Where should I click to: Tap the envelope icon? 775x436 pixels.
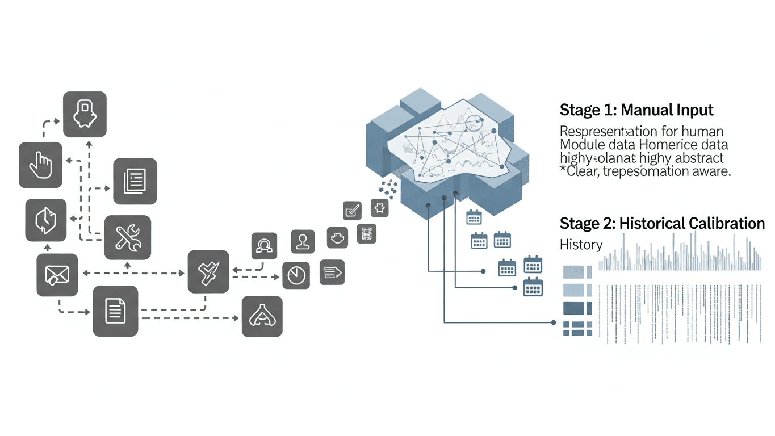click(x=57, y=275)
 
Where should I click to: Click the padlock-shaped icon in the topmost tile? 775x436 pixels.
click(x=85, y=114)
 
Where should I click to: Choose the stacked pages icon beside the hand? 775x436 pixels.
click(x=135, y=181)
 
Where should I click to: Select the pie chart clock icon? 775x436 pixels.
click(x=295, y=275)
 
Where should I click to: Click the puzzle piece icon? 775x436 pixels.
click(x=379, y=208)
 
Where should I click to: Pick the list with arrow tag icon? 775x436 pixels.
click(x=332, y=272)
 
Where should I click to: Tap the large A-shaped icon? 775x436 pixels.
click(x=262, y=316)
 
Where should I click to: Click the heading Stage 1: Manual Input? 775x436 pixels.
click(x=636, y=110)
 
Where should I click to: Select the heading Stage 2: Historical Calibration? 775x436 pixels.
click(x=662, y=223)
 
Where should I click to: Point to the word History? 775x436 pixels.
click(x=581, y=245)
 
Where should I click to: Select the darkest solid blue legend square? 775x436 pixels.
click(x=577, y=308)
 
